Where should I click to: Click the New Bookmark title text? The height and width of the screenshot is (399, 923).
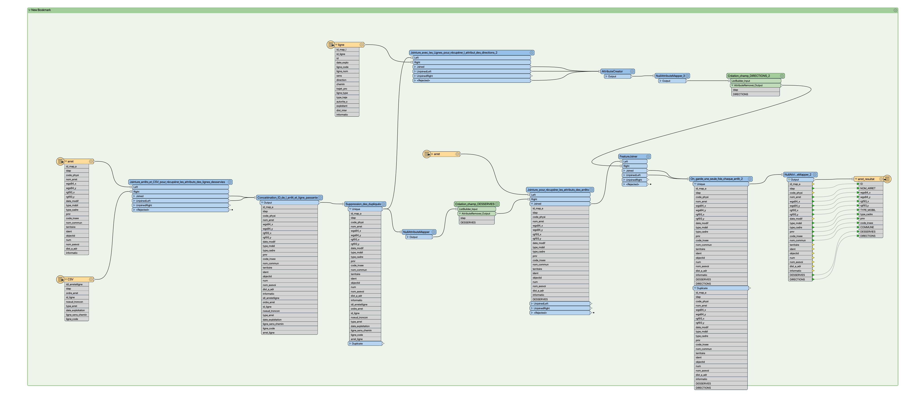(x=41, y=10)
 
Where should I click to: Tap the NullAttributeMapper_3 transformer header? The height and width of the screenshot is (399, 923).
(x=670, y=76)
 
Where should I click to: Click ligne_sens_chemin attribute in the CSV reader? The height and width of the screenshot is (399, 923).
(x=76, y=315)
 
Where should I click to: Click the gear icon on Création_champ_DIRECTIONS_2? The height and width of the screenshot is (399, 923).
(x=782, y=76)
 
